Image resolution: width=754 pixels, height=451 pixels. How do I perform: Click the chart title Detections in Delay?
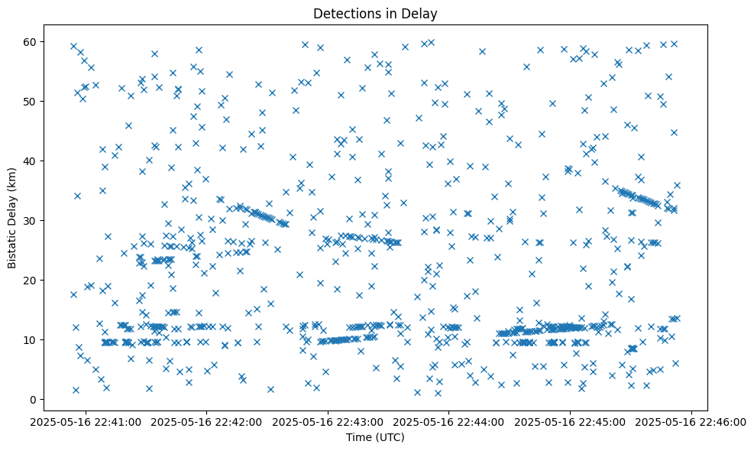[x=375, y=13]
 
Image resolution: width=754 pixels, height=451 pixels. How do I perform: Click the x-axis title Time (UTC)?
[x=375, y=438]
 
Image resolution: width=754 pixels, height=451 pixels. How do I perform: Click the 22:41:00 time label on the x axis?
[x=86, y=421]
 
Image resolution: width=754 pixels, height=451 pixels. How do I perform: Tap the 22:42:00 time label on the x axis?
[x=207, y=421]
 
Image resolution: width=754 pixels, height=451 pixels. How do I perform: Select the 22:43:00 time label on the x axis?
[x=328, y=421]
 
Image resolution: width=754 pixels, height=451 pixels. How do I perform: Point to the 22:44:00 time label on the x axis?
[x=449, y=421]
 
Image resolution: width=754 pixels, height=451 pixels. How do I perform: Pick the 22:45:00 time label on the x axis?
[x=571, y=421]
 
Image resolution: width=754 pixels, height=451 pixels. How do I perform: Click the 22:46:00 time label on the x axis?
[x=692, y=421]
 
